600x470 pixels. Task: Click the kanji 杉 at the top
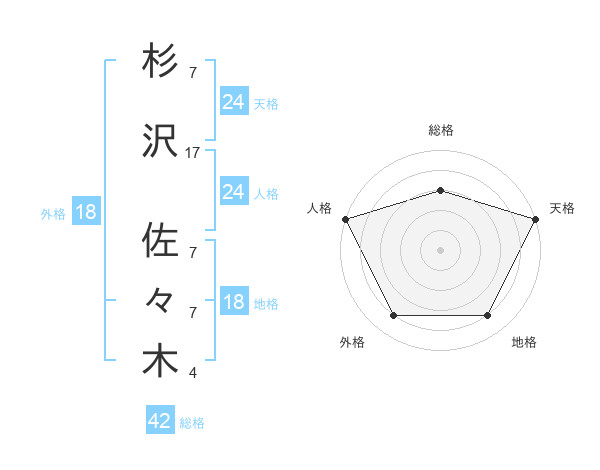(x=160, y=64)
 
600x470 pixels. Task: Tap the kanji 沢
(x=160, y=142)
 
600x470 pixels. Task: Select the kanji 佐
(x=160, y=241)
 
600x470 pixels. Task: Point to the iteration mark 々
(x=160, y=301)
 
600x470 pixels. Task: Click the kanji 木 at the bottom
(x=160, y=362)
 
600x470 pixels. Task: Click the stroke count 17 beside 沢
(x=193, y=153)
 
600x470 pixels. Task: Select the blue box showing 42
(x=160, y=422)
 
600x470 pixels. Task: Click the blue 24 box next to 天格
(x=233, y=102)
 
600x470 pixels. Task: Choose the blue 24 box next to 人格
(x=233, y=192)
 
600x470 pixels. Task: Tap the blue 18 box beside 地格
(x=233, y=302)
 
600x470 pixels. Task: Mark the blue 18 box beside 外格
(x=85, y=212)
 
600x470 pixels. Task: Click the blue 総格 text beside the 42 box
(x=192, y=423)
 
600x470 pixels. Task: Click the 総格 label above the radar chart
(x=440, y=130)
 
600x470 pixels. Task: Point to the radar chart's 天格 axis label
(x=563, y=208)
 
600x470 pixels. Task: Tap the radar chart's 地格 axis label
(x=524, y=342)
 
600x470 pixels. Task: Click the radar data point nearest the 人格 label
(x=345, y=219)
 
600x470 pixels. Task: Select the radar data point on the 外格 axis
(x=393, y=316)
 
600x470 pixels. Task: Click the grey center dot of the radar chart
(x=440, y=250)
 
